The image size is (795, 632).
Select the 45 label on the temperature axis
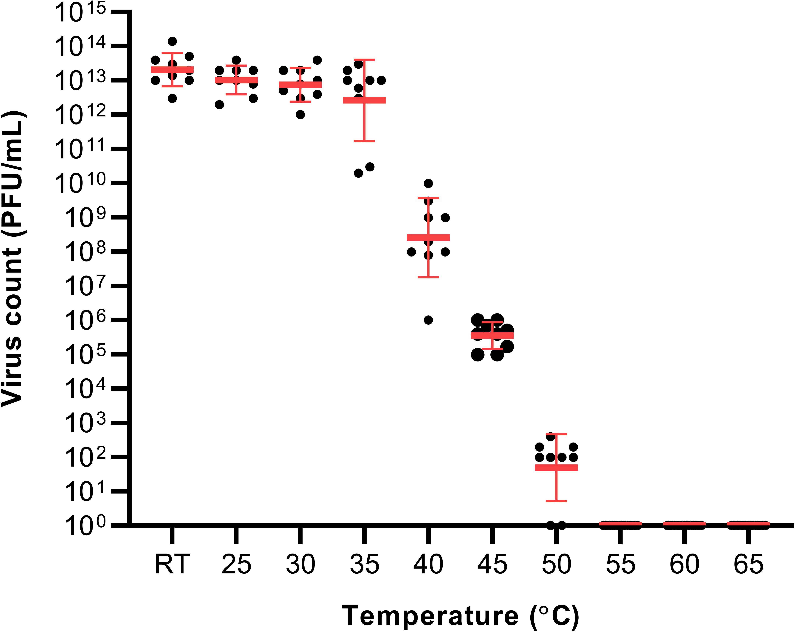(x=492, y=564)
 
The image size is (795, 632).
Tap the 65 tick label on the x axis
(x=748, y=564)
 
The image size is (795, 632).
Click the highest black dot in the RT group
(x=172, y=41)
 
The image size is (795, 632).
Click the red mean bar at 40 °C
(x=428, y=237)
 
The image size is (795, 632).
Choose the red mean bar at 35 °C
(x=364, y=100)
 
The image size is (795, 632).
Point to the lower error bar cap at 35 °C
(x=364, y=141)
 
